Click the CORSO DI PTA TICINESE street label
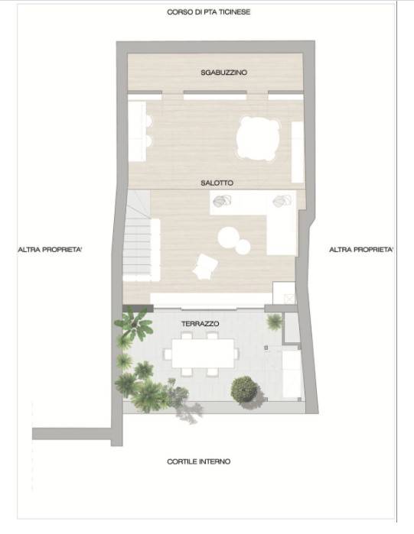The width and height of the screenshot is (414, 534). [x=208, y=12]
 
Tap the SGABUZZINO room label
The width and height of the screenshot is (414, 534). [x=223, y=73]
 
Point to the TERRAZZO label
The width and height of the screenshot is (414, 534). [x=200, y=324]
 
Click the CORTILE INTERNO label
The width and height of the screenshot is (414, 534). [x=198, y=461]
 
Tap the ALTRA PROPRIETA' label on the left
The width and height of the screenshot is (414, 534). [x=50, y=250]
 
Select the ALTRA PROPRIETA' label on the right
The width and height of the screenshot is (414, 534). [x=361, y=250]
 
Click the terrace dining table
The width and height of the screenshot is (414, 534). [x=203, y=353]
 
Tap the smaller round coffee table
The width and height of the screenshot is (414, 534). [x=243, y=247]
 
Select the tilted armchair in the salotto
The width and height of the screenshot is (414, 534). [x=205, y=267]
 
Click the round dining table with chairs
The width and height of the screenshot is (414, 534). [x=258, y=138]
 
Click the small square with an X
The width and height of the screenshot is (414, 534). [x=289, y=299]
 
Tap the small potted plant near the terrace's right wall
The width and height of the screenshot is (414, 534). [x=274, y=322]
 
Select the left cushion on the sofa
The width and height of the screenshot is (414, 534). [x=222, y=202]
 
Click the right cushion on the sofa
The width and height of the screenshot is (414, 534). [x=282, y=201]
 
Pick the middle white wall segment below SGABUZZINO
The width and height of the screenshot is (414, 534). [x=215, y=95]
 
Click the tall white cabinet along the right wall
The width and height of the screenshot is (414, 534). [x=298, y=152]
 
